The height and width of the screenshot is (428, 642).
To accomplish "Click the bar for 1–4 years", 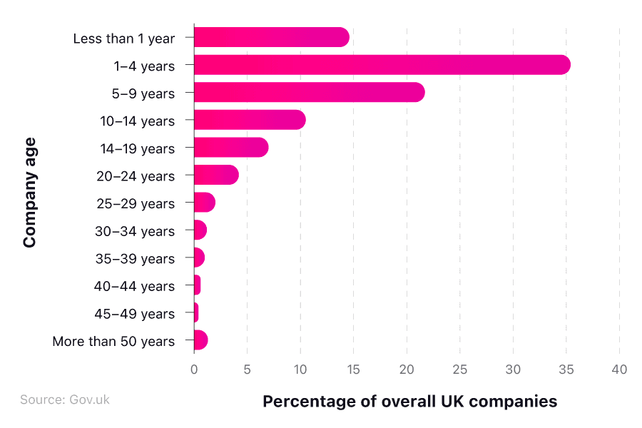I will [382, 65].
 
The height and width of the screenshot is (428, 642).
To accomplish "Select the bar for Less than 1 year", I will [271, 38].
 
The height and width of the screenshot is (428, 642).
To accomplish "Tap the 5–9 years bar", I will [309, 93].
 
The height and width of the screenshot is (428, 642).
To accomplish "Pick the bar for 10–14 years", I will [250, 121].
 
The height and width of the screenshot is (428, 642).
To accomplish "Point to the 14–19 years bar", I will [231, 148].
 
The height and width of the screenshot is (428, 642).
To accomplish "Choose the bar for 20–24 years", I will [216, 175].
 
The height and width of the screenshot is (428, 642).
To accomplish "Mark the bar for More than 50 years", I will [200, 341].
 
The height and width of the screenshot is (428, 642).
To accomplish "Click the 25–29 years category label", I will [136, 204].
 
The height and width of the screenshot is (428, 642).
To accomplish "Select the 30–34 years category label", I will [135, 231].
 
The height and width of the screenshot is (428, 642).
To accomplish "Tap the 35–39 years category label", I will [135, 259].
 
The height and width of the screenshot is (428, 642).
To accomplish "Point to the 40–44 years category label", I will [134, 287].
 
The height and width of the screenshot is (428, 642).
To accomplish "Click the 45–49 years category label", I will [134, 314].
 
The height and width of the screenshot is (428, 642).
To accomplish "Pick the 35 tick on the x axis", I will [566, 370].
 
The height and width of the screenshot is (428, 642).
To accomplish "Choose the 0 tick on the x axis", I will [194, 370].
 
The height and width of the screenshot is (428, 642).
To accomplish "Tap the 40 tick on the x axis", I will [619, 370].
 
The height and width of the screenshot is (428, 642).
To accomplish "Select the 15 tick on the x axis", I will [353, 370].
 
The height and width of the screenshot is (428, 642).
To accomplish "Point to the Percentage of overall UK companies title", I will [409, 402].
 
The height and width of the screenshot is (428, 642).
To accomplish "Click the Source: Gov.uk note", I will [65, 399].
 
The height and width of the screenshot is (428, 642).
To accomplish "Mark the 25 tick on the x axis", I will [459, 370].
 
